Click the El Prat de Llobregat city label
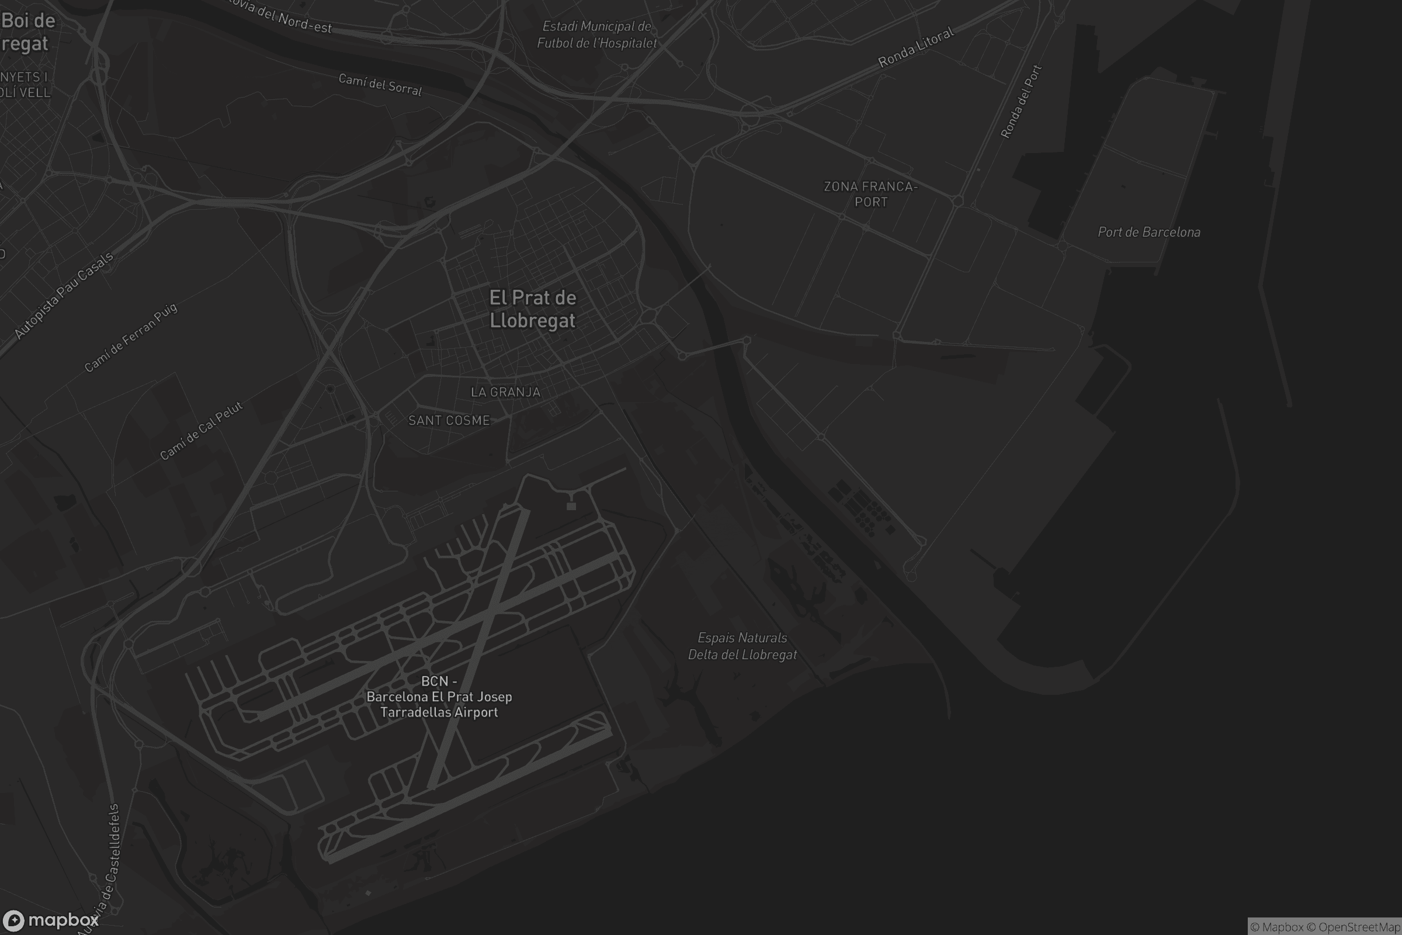point(532,309)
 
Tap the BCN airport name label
point(439,697)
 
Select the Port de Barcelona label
point(1148,232)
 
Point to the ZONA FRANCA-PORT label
point(870,195)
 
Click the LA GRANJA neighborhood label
point(505,392)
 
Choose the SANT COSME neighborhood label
point(449,420)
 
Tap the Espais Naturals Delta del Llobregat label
point(742,646)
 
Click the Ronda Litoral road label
point(915,47)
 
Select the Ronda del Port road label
point(1021,101)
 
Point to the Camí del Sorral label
point(380,85)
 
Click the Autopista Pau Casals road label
point(64,296)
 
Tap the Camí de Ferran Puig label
point(130,338)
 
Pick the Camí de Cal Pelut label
point(202,431)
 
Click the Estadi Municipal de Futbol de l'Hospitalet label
point(596,34)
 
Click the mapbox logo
point(51,920)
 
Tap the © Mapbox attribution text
point(1277,927)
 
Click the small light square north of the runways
point(571,506)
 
